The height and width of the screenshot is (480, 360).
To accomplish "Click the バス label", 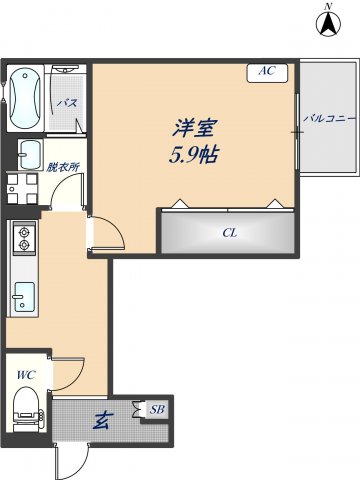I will pos(68,103).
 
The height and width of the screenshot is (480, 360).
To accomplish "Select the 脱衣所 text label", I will pos(62,167).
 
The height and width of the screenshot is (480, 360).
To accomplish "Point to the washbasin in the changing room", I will pos(28,155).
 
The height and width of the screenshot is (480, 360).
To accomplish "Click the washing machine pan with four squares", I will pos(21,188).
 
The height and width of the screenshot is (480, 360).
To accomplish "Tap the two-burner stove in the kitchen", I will pos(23,240).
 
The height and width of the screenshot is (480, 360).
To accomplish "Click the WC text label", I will pos(25,375).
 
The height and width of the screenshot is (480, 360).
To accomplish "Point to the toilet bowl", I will pos(28,408).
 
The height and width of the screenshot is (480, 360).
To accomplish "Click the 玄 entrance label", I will pos(101,420).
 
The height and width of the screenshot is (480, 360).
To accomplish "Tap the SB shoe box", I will pos(156,409).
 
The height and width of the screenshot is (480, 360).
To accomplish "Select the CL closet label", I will pos(229,233).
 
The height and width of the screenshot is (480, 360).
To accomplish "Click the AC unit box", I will pos(267,71).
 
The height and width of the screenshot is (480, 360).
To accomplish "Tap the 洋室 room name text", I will pos(196,129).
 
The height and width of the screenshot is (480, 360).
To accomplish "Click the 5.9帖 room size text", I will pos(195,156).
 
